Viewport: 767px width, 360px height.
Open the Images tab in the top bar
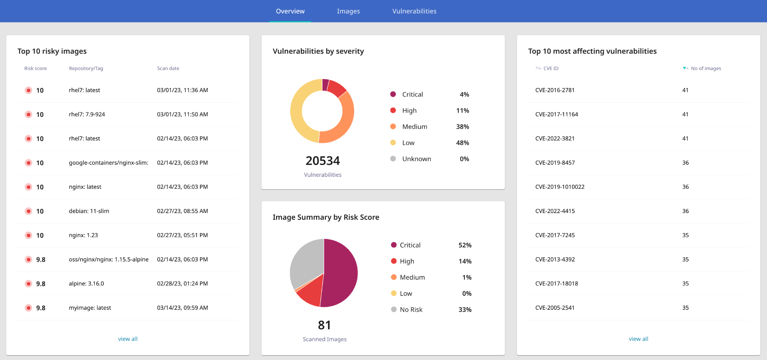pyautogui.click(x=348, y=11)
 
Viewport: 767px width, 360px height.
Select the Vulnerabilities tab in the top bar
pyautogui.click(x=414, y=11)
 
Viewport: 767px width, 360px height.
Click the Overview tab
pyautogui.click(x=290, y=11)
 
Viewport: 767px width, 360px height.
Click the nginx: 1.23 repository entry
pyautogui.click(x=83, y=235)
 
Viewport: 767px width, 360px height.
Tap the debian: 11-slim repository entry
pyautogui.click(x=89, y=211)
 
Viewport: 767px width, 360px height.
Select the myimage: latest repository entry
pyautogui.click(x=90, y=308)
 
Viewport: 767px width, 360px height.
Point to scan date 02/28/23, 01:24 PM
pyautogui.click(x=182, y=284)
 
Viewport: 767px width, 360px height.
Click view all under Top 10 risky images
pyautogui.click(x=128, y=339)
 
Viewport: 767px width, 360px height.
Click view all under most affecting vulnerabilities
pyautogui.click(x=638, y=339)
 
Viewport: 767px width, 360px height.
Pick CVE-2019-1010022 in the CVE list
pyautogui.click(x=560, y=187)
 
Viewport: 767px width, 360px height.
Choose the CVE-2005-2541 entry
pyautogui.click(x=555, y=308)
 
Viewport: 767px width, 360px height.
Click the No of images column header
pyautogui.click(x=706, y=69)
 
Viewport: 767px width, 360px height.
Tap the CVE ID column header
pyautogui.click(x=551, y=69)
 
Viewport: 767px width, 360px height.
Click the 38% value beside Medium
pyautogui.click(x=463, y=127)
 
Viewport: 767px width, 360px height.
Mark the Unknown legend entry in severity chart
pyautogui.click(x=416, y=159)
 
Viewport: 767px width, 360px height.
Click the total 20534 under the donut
pyautogui.click(x=322, y=161)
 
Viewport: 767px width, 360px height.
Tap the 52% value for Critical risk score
pyautogui.click(x=465, y=245)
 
